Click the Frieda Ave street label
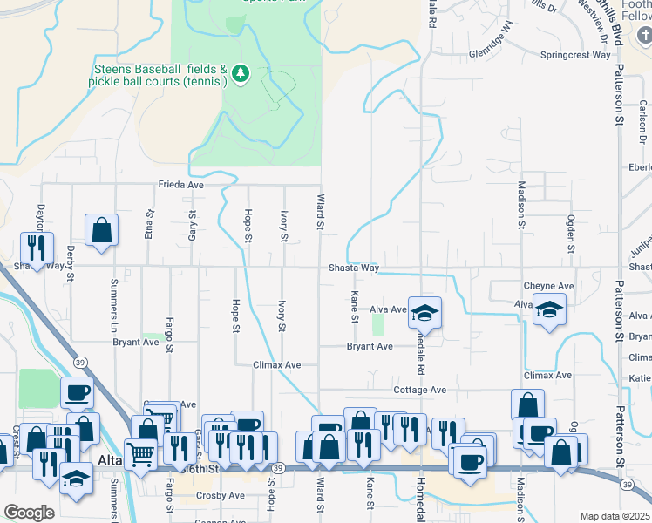click(x=180, y=185)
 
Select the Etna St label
click(x=150, y=224)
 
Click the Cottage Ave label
click(x=419, y=390)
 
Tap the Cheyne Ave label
click(x=548, y=286)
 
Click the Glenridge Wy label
click(x=492, y=44)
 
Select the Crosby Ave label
click(x=220, y=495)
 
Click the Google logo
click(x=29, y=513)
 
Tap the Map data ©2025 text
click(x=615, y=516)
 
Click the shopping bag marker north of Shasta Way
click(x=102, y=231)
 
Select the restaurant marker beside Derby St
click(x=37, y=248)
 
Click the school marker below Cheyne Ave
click(x=550, y=311)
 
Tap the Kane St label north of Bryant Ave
click(x=355, y=306)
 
